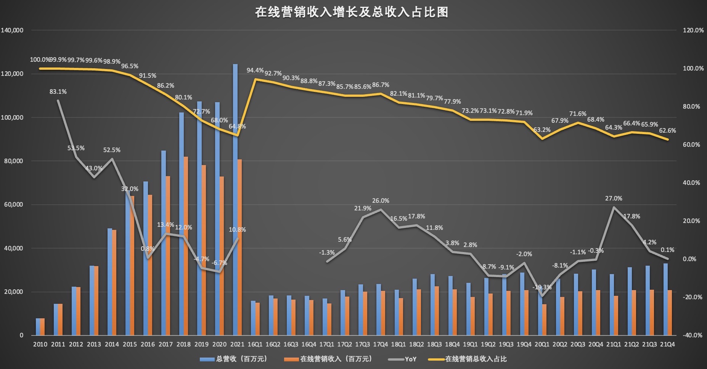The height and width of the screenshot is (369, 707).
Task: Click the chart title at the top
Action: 351,12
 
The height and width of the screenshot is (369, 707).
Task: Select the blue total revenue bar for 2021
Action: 235,198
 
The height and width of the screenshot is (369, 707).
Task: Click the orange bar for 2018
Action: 186,246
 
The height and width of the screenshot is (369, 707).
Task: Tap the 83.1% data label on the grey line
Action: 58,92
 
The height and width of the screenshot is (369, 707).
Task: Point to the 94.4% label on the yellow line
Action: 255,71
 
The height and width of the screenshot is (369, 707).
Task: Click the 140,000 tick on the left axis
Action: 12,30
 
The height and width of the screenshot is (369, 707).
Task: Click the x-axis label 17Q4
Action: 380,345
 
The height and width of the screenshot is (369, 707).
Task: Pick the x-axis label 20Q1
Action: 541,345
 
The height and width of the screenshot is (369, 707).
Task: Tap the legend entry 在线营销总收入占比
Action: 476,359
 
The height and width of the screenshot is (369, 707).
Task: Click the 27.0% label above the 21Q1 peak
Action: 613,199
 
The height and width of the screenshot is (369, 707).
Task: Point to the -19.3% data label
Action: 541,287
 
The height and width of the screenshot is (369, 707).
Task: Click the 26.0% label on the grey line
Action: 381,201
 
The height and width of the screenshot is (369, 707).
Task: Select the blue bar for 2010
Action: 38,327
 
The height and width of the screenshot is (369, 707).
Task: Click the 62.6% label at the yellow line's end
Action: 667,131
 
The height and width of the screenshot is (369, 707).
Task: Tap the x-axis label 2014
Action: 112,345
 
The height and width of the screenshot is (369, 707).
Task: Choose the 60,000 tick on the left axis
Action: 14,205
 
